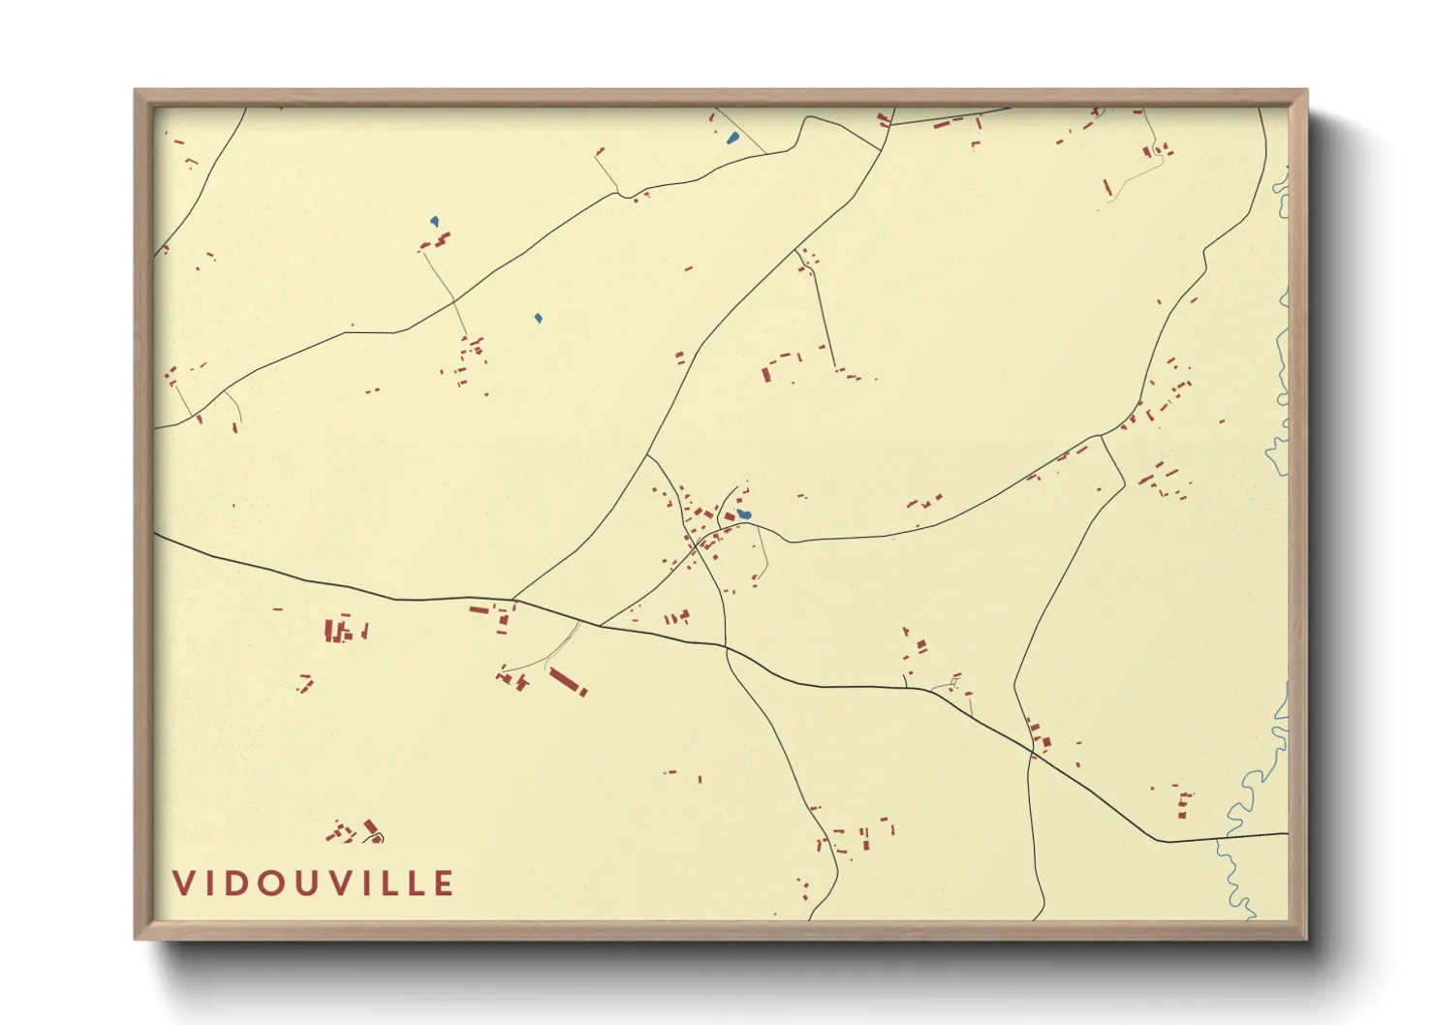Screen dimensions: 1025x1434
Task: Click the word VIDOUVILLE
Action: point(313,884)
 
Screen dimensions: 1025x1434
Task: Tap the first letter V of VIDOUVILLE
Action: point(183,884)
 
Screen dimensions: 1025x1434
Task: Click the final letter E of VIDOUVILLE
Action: point(444,884)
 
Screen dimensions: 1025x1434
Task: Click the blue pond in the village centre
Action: point(743,514)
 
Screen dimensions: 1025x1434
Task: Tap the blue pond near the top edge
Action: point(733,138)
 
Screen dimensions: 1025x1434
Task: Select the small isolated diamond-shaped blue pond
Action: point(538,318)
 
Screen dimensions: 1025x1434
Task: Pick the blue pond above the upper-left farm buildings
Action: point(435,222)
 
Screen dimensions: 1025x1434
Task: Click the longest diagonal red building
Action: point(567,680)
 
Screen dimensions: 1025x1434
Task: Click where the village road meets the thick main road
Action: point(725,645)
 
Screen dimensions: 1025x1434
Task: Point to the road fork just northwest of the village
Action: point(647,455)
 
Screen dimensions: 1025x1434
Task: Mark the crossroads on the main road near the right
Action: point(1031,751)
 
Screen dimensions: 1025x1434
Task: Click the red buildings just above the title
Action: point(355,831)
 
